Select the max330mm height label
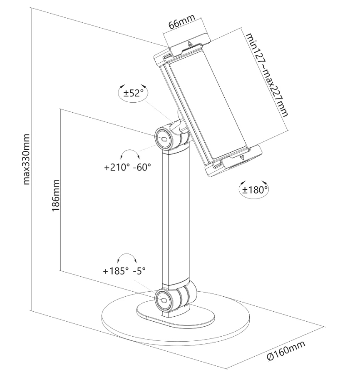(x=26, y=159)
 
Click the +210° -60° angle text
(x=127, y=167)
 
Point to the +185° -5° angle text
(x=124, y=271)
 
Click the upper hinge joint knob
(x=163, y=137)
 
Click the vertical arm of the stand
(x=174, y=218)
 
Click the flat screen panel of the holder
(x=207, y=104)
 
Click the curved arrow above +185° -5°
(x=127, y=258)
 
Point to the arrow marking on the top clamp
(x=190, y=44)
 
